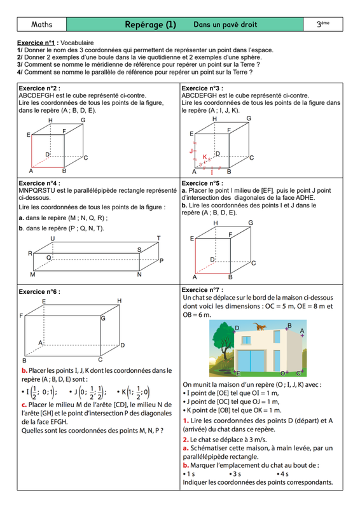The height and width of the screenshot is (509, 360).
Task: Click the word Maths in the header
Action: tap(41, 24)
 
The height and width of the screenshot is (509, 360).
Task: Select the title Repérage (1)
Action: tap(150, 25)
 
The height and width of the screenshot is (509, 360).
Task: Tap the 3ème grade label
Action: tap(322, 24)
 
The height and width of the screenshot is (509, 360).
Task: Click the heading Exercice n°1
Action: tap(36, 43)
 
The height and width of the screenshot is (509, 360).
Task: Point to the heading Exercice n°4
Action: tap(39, 183)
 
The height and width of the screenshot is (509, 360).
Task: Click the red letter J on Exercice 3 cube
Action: tap(191, 151)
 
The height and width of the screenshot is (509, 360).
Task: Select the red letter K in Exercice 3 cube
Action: tap(205, 157)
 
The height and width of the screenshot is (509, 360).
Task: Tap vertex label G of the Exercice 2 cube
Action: tap(83, 120)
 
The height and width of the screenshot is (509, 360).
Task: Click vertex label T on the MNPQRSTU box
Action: tap(159, 238)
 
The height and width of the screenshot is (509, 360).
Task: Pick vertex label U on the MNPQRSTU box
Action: tap(53, 239)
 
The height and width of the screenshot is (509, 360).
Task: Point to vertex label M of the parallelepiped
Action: tap(32, 275)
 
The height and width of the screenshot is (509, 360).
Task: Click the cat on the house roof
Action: tap(260, 326)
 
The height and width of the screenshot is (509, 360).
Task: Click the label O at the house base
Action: tap(282, 373)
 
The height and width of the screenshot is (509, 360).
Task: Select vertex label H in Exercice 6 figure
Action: tap(120, 301)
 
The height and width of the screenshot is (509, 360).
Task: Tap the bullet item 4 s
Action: tap(283, 474)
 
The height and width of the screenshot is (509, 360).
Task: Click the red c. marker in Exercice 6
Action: tap(24, 405)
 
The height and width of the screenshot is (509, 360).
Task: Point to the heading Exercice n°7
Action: tap(202, 290)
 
